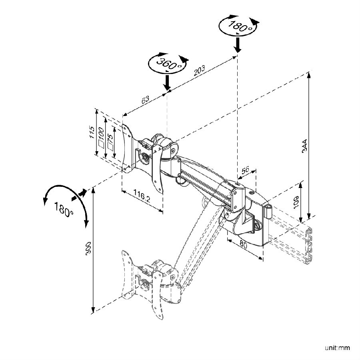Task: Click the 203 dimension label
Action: pyautogui.click(x=199, y=70)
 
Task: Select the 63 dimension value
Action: pyautogui.click(x=145, y=100)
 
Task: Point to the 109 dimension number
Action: pyautogui.click(x=296, y=202)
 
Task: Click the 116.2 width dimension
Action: pyautogui.click(x=142, y=196)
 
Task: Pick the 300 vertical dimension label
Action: pyautogui.click(x=88, y=248)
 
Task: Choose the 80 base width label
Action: pyautogui.click(x=243, y=245)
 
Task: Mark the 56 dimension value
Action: pyautogui.click(x=245, y=170)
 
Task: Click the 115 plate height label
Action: pyautogui.click(x=92, y=132)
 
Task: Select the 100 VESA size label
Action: pyautogui.click(x=101, y=137)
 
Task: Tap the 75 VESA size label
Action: pyautogui.click(x=110, y=142)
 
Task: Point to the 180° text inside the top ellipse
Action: pyautogui.click(x=239, y=26)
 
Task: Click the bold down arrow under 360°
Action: pyautogui.click(x=167, y=83)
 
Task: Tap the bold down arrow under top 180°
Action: pyautogui.click(x=238, y=45)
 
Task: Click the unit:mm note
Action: pyautogui.click(x=337, y=348)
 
